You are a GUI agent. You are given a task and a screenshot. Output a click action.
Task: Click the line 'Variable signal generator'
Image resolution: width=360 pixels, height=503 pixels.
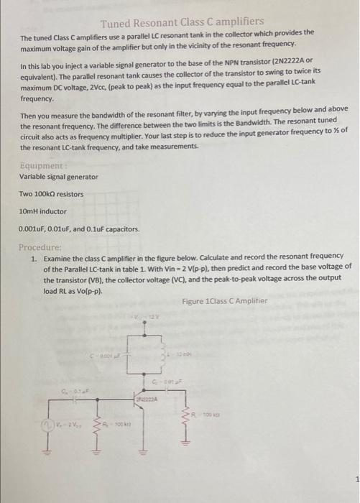(x=58, y=176)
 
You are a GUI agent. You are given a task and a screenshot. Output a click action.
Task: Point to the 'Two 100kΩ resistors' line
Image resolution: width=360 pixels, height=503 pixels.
(x=51, y=194)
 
